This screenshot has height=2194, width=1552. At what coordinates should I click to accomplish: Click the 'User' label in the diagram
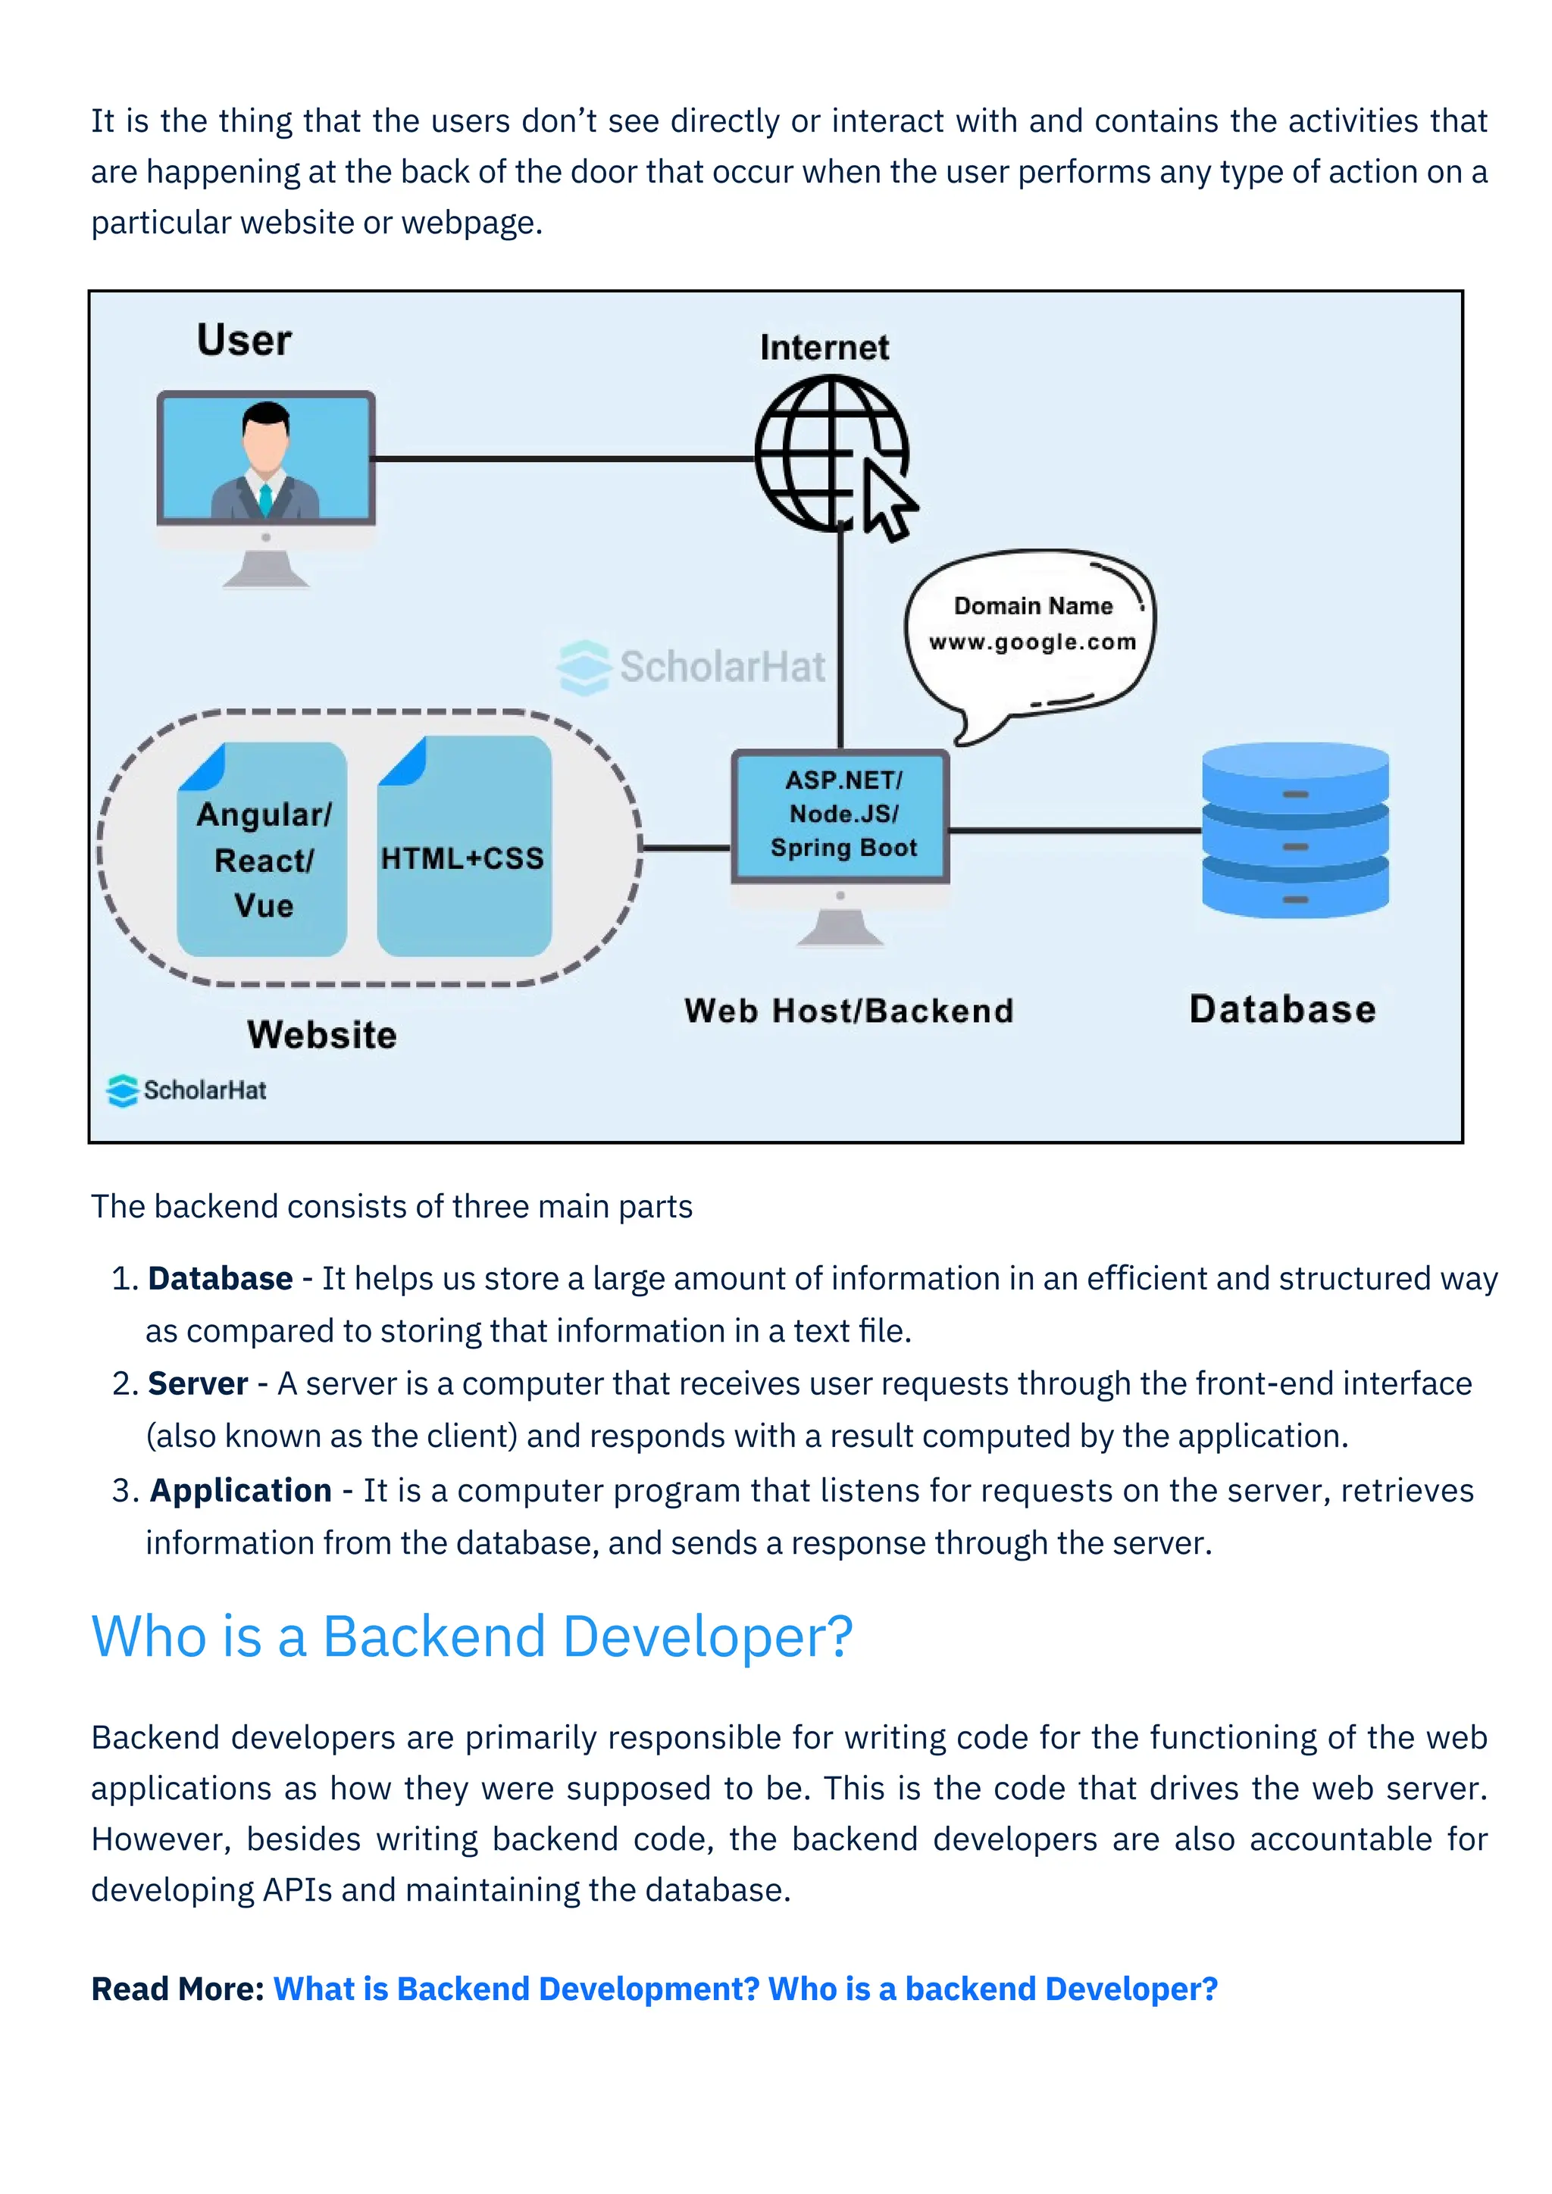[244, 340]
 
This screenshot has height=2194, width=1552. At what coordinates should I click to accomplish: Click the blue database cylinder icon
[1295, 830]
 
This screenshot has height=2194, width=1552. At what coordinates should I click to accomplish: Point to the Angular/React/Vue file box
[262, 851]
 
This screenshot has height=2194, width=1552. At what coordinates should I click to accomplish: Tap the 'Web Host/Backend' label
[849, 1011]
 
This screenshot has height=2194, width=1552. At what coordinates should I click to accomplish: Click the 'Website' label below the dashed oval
[321, 1035]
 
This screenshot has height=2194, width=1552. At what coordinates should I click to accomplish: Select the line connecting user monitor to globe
[564, 458]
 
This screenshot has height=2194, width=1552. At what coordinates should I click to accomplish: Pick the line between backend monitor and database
[1075, 830]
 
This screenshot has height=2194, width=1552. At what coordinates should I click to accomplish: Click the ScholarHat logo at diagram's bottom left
[187, 1090]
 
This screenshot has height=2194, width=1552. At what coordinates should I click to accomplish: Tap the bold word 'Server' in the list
[198, 1383]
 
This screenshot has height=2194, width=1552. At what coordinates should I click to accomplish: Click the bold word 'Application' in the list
[241, 1491]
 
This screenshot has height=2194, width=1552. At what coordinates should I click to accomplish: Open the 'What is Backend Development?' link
[516, 1989]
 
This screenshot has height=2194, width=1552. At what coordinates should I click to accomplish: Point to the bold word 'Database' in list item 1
[220, 1279]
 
